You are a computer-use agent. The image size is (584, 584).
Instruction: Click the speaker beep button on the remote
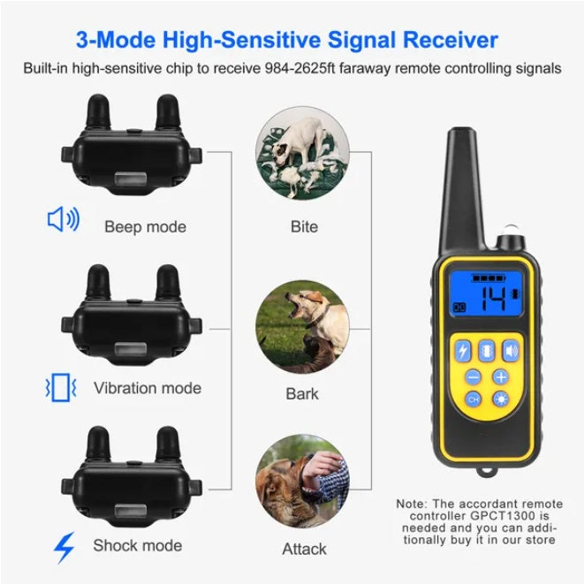tap(511, 351)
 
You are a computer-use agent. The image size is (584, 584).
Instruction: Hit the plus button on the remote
tap(501, 375)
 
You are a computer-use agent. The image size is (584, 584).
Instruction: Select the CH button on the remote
tap(473, 399)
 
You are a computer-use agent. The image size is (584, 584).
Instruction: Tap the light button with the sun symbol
tap(501, 399)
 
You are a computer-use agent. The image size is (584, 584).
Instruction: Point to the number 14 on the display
tap(493, 299)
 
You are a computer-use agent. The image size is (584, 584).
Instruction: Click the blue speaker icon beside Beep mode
tap(63, 219)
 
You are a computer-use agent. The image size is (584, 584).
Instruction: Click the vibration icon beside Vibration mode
tap(61, 387)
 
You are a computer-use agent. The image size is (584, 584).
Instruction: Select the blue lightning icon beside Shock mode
tap(64, 547)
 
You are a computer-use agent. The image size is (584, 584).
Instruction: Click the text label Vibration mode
tap(148, 388)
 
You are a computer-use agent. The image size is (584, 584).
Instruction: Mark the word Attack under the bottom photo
tap(304, 549)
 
